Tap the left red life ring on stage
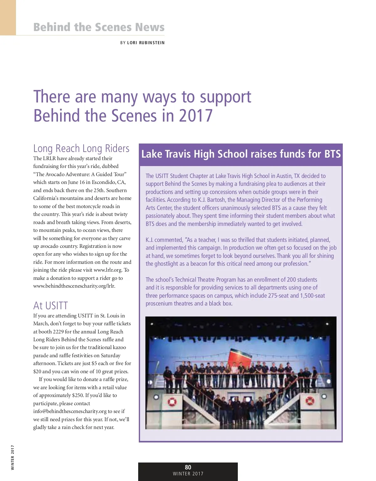[172, 402]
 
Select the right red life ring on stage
[310, 400]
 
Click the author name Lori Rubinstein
[146, 43]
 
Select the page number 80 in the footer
[188, 467]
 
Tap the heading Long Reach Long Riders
[81, 148]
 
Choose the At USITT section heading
[50, 306]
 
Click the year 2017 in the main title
[196, 116]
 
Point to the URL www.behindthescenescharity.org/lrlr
[74, 286]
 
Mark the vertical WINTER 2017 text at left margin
[13, 457]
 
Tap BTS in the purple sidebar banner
[332, 154]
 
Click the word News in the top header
[150, 27]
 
